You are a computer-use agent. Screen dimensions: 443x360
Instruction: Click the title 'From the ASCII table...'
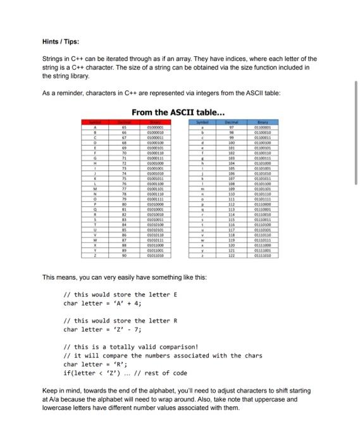(x=178, y=113)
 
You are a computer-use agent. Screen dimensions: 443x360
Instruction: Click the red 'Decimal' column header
(x=125, y=122)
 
